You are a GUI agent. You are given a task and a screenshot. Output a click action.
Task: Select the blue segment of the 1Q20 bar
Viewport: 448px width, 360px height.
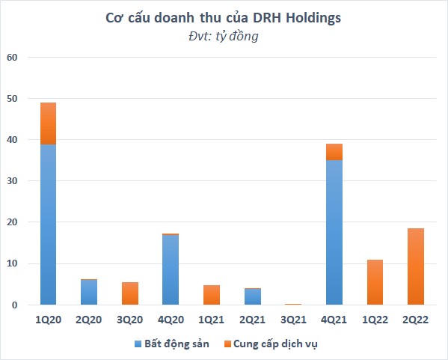[48, 225]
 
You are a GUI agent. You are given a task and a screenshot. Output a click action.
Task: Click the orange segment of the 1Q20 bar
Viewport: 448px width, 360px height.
[48, 123]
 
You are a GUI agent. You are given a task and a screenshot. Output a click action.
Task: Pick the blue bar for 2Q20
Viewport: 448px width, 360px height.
[89, 293]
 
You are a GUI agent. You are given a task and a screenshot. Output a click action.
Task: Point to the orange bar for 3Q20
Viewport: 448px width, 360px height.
[129, 293]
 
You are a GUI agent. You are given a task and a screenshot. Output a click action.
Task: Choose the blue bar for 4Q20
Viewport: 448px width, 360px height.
[171, 269]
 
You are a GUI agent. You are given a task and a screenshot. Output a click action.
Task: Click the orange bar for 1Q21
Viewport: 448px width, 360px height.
[212, 295]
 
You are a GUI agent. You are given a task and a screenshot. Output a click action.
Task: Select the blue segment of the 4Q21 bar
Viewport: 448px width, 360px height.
[334, 232]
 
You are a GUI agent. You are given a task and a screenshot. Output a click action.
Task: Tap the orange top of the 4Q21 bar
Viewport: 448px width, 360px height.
[334, 152]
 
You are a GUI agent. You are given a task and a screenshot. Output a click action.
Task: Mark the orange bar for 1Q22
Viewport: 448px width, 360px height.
[375, 282]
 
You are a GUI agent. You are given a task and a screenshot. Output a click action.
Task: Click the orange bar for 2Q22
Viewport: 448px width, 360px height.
[416, 266]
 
